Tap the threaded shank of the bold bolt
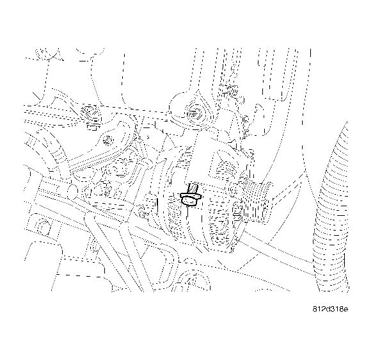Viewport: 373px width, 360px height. [191, 190]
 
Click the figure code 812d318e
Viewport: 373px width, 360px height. [330, 309]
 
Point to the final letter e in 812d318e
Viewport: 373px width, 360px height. [346, 309]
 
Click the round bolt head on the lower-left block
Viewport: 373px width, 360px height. [43, 226]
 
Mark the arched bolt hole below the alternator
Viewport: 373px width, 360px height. [192, 280]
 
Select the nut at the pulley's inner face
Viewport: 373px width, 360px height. [238, 206]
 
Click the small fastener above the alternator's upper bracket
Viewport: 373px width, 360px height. [230, 87]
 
